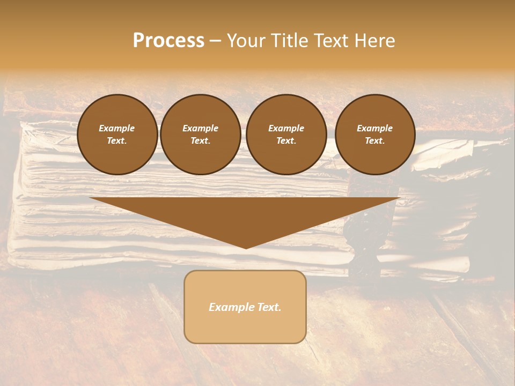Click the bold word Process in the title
pyautogui.click(x=168, y=41)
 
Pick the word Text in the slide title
pyautogui.click(x=330, y=41)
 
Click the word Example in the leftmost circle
pyautogui.click(x=117, y=128)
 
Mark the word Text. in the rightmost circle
pyautogui.click(x=374, y=140)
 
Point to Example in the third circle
pyautogui.click(x=286, y=128)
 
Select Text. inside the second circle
pyautogui.click(x=200, y=140)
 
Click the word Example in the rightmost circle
pyautogui.click(x=374, y=128)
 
